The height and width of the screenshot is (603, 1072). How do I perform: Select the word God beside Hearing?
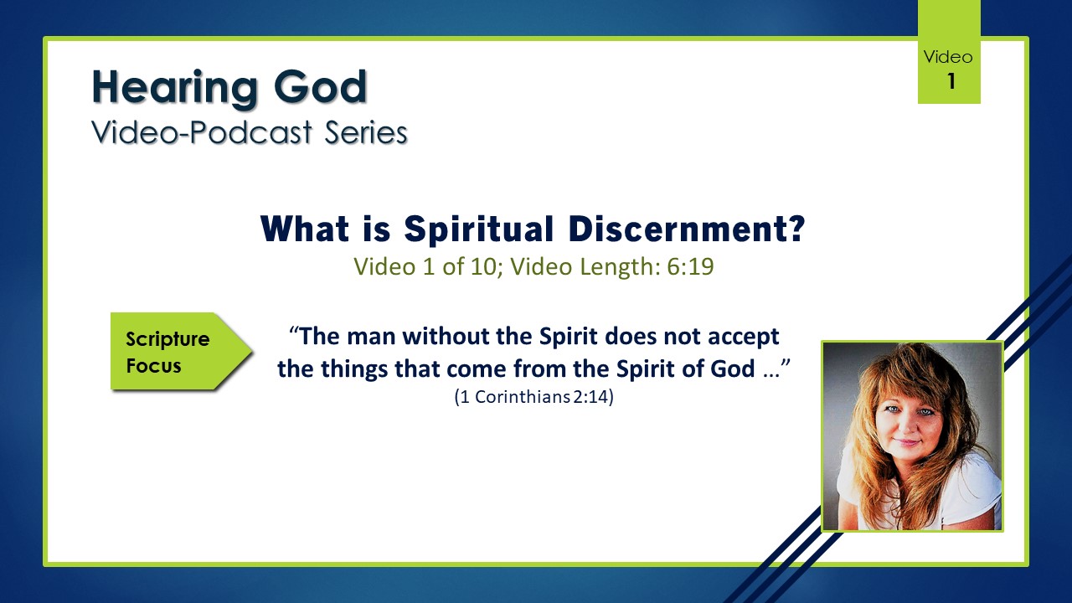tap(320, 86)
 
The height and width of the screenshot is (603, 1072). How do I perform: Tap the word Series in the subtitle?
tap(366, 132)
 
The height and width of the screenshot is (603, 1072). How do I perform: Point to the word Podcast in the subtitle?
tap(251, 132)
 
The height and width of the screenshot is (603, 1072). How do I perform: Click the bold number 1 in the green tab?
tap(951, 81)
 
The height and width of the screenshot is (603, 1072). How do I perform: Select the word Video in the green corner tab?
tap(948, 57)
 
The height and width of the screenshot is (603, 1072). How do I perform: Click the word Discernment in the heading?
tap(688, 229)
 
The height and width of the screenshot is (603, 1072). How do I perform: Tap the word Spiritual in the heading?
tap(478, 229)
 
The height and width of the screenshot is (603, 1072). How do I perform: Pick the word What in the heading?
tap(304, 229)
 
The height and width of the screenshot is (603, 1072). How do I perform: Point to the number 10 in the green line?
tap(483, 266)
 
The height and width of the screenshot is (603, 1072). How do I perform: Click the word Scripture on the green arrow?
tap(167, 340)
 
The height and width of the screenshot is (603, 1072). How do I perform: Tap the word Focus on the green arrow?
tap(153, 366)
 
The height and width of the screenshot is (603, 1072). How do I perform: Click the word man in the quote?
tap(371, 336)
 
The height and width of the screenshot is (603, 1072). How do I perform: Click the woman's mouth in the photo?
tap(906, 442)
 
